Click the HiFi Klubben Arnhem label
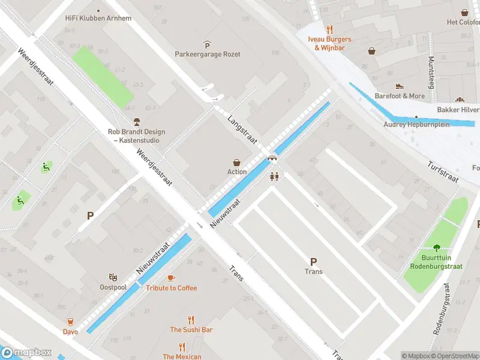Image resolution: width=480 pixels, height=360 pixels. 98,18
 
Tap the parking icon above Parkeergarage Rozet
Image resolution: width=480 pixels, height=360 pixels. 207,44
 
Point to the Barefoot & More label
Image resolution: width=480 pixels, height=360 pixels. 400,96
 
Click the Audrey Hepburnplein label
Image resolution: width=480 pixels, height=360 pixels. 416,125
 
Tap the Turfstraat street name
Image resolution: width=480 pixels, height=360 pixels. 443,172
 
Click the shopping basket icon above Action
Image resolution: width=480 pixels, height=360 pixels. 237,162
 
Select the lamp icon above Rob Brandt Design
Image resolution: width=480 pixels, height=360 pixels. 136,122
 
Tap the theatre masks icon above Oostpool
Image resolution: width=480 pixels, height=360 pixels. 112,277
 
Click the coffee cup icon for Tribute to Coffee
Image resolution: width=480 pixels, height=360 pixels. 171,278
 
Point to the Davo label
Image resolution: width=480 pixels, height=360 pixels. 70,331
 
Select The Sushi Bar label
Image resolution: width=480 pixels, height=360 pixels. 191,330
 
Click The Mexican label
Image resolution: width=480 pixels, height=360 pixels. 182,356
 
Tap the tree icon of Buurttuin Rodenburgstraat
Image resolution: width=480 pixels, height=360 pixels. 436,247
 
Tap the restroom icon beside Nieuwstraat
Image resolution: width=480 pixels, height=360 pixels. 274,176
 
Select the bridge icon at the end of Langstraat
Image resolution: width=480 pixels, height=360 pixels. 272,158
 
